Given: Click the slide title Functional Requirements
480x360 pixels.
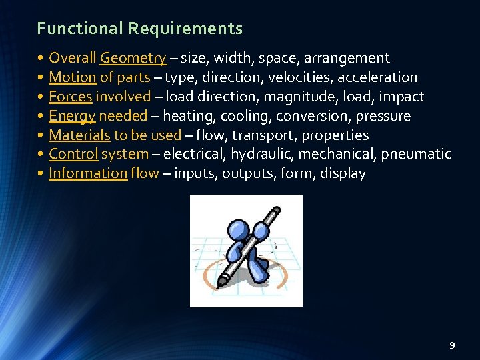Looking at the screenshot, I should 140,29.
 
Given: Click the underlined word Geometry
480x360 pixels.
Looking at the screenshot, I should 133,58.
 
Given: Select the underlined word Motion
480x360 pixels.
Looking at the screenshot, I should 73,77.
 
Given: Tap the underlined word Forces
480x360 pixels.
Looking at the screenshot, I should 70,97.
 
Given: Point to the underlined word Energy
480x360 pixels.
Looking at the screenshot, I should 72,116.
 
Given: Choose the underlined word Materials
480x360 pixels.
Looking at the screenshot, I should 79,135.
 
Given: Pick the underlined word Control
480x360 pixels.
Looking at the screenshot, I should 73,154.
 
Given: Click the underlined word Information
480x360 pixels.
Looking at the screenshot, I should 87,173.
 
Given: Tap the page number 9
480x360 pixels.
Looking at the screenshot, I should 452,345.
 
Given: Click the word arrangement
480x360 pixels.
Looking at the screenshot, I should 347,58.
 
